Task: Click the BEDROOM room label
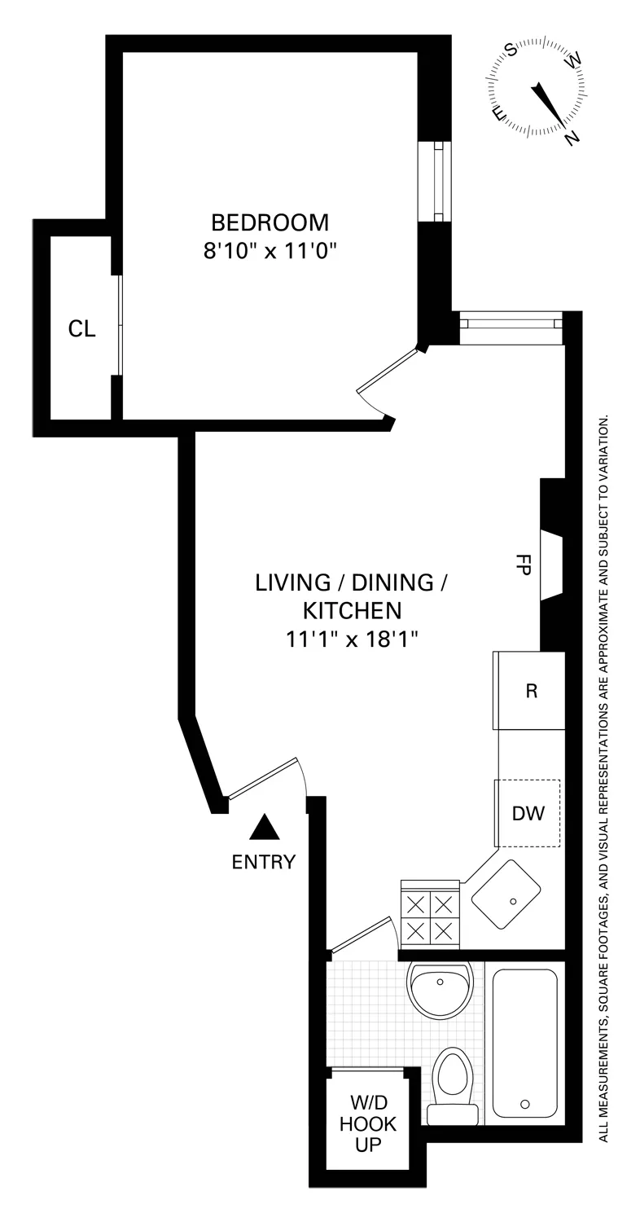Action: point(270,222)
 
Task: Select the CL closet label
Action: point(81,328)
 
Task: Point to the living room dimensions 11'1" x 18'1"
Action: point(352,639)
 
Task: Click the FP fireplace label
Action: point(523,565)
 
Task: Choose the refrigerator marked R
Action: point(532,691)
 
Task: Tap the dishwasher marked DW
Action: point(528,813)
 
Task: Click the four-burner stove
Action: point(430,916)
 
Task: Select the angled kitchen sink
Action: point(507,895)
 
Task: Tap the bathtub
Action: point(524,1043)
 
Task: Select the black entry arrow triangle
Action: point(264,829)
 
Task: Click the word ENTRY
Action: point(263,862)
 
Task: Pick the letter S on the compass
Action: point(512,51)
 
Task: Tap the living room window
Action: point(511,323)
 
